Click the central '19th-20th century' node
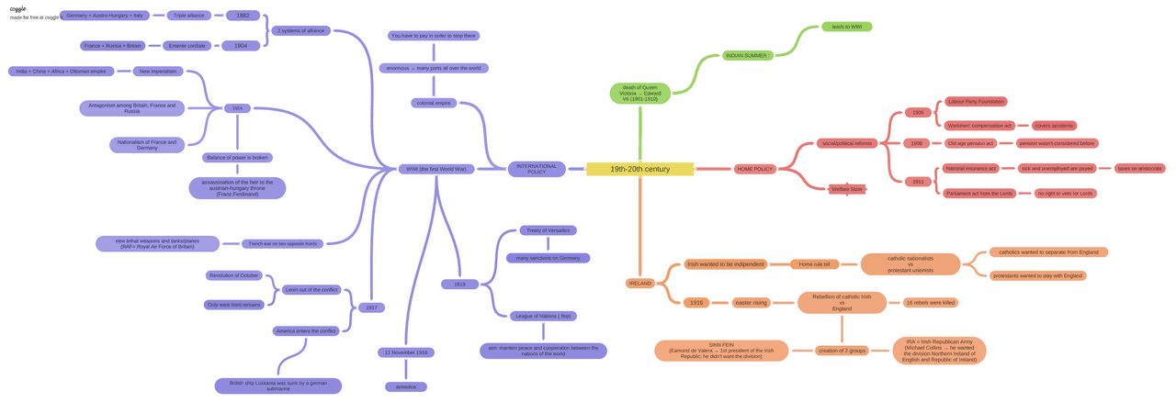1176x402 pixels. (639, 169)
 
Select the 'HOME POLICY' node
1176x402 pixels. (755, 169)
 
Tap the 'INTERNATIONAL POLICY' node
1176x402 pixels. (537, 169)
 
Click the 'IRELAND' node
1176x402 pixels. (639, 284)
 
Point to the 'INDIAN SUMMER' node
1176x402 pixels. (746, 56)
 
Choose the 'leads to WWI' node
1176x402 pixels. (846, 27)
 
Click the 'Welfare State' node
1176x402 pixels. (846, 189)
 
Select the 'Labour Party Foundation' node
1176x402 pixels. (975, 102)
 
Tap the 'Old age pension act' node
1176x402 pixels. (970, 143)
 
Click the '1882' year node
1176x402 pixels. (243, 16)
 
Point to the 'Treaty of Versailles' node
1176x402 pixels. (548, 230)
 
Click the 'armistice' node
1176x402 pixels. (405, 386)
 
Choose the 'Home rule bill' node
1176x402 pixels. (814, 264)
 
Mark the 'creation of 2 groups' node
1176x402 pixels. (842, 351)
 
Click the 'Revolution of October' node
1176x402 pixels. (233, 275)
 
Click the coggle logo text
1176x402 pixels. (17, 7)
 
